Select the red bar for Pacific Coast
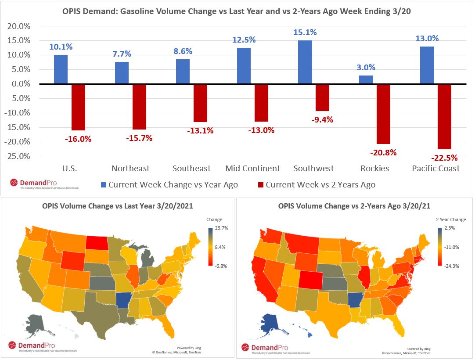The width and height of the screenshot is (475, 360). (x=444, y=116)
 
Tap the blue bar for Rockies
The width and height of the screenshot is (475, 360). (x=366, y=79)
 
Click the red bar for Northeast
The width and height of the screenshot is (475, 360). (x=139, y=107)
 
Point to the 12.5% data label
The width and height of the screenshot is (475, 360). (x=244, y=40)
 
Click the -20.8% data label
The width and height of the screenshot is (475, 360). (x=383, y=152)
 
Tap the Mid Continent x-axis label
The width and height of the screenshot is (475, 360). (x=252, y=168)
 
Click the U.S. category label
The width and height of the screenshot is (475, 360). (x=69, y=168)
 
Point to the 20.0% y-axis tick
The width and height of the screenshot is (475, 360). (x=19, y=26)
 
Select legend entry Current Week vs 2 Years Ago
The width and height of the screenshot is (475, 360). (x=320, y=185)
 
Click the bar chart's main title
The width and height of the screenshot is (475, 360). (x=237, y=11)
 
